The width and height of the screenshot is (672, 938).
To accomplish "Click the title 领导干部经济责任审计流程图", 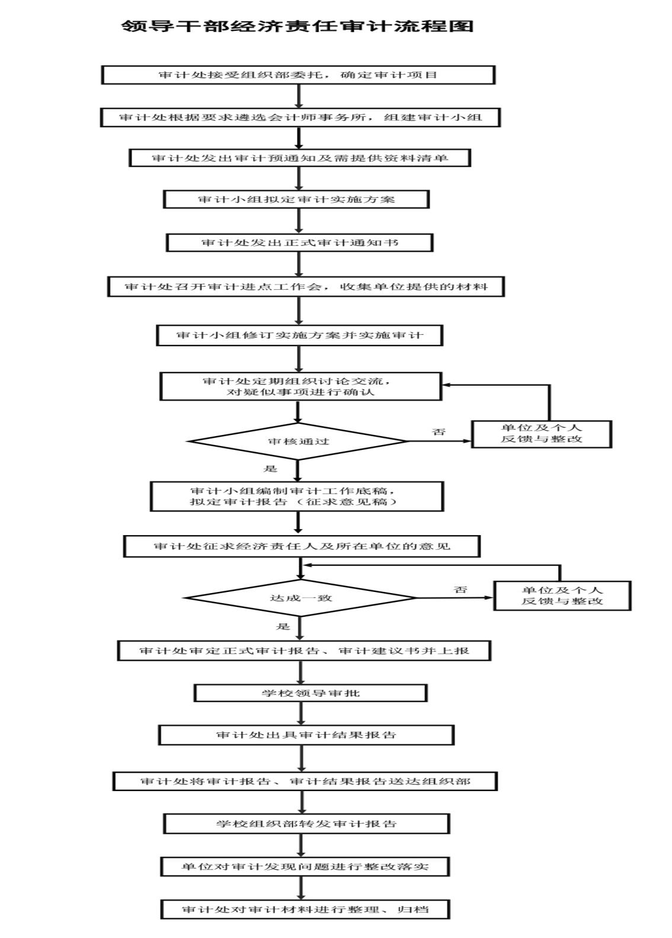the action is [297, 26].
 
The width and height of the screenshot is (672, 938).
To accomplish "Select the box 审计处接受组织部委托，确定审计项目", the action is [298, 75].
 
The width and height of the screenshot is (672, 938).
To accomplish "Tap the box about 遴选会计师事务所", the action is [300, 117].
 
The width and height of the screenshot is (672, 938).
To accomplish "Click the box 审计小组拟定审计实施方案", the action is [296, 199].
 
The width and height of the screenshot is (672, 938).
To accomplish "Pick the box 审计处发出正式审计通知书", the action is [299, 242].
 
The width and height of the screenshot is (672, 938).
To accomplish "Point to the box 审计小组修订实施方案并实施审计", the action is [299, 335].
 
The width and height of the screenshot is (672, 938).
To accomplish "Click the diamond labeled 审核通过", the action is [297, 441].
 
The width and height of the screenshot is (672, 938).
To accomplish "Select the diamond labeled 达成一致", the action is [300, 597].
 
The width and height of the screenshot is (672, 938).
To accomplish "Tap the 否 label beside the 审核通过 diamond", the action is [439, 432].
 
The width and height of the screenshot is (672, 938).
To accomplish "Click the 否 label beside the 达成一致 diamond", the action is [460, 589].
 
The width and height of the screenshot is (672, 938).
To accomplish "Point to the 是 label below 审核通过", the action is [270, 469].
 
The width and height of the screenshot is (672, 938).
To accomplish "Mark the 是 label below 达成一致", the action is [283, 626].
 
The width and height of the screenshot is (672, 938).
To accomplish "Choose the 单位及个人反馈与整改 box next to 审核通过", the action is [542, 434].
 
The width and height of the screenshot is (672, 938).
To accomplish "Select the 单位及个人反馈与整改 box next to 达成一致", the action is [562, 596].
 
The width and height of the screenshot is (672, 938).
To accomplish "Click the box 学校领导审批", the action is [311, 693].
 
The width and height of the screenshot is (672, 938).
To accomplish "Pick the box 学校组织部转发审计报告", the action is [306, 824].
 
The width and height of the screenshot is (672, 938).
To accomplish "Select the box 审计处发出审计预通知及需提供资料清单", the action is [300, 158].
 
